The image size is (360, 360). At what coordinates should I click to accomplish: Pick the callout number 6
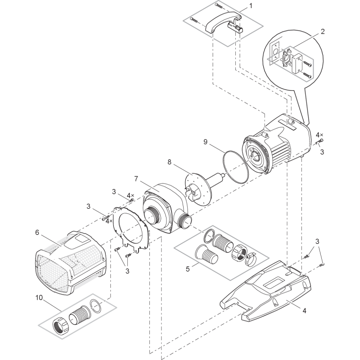click(37, 232)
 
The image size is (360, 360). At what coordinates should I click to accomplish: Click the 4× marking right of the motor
click(319, 135)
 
